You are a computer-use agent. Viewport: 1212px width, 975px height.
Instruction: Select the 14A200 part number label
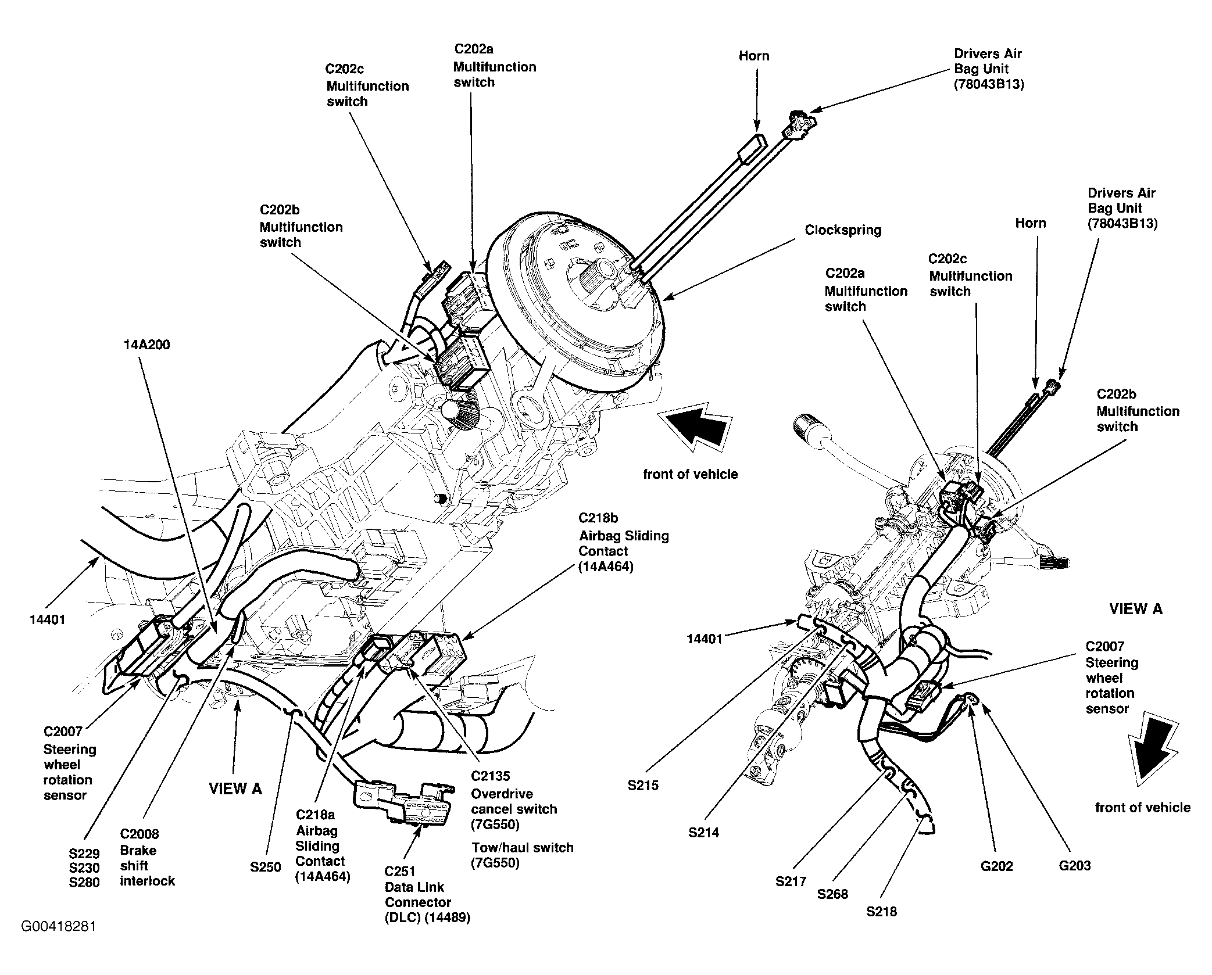click(x=146, y=345)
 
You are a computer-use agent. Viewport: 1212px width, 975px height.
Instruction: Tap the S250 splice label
click(x=266, y=868)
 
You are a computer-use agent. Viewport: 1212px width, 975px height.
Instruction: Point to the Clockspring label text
click(x=843, y=231)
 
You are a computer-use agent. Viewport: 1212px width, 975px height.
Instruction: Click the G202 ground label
click(x=996, y=866)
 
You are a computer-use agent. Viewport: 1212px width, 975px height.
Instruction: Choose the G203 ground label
click(x=1074, y=866)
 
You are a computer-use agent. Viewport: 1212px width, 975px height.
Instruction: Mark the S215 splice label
click(x=643, y=786)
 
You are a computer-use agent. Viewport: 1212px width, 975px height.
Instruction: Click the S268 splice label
click(x=832, y=894)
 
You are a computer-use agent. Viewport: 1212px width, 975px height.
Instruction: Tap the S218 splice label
click(x=881, y=912)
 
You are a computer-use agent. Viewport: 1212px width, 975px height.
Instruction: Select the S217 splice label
click(x=791, y=881)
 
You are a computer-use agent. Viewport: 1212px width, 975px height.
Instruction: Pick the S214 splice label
click(x=704, y=833)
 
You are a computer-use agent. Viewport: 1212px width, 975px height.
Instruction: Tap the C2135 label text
click(x=490, y=776)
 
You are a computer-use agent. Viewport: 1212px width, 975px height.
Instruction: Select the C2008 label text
click(x=139, y=834)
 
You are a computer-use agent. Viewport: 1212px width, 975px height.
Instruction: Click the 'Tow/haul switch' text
click(x=523, y=848)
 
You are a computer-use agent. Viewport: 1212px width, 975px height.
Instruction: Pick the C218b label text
click(x=598, y=518)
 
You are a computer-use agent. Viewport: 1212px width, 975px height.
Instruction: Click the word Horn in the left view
click(x=754, y=56)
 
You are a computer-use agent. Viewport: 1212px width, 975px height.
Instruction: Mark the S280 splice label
click(x=84, y=883)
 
